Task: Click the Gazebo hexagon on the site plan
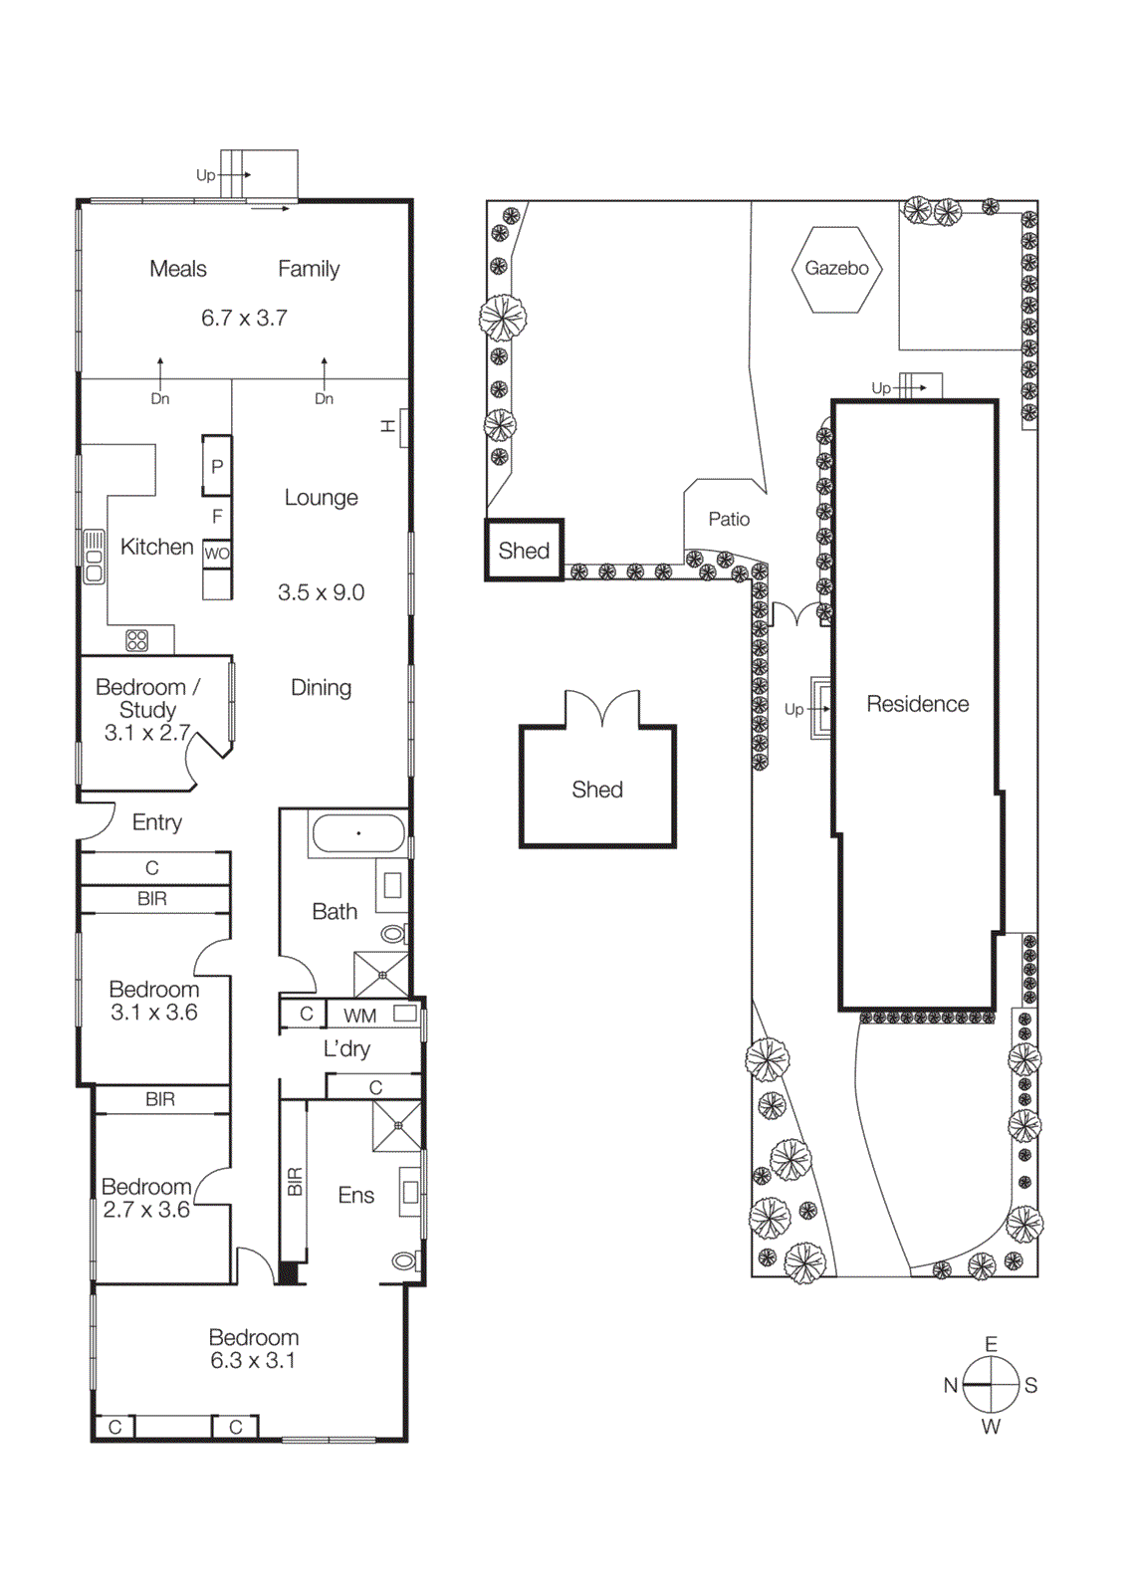pyautogui.click(x=836, y=269)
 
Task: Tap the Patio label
pyautogui.click(x=729, y=519)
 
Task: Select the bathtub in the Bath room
pyautogui.click(x=358, y=833)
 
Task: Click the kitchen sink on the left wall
pyautogui.click(x=94, y=556)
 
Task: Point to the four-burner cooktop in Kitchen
pyautogui.click(x=137, y=640)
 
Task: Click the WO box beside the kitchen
pyautogui.click(x=216, y=554)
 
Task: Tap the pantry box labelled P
pyautogui.click(x=217, y=466)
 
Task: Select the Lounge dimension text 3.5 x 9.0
pyautogui.click(x=321, y=592)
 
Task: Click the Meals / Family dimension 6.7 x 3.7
pyautogui.click(x=244, y=318)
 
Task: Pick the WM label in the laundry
pyautogui.click(x=359, y=1016)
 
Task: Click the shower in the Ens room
pyautogui.click(x=397, y=1126)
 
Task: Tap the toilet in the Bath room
pyautogui.click(x=394, y=934)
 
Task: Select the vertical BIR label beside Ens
pyautogui.click(x=295, y=1182)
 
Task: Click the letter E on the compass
pyautogui.click(x=991, y=1344)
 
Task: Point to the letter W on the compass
pyautogui.click(x=991, y=1427)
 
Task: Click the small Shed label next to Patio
pyautogui.click(x=524, y=551)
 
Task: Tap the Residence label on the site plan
pyautogui.click(x=917, y=704)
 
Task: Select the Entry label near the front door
pyautogui.click(x=157, y=822)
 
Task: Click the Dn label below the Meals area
pyautogui.click(x=160, y=398)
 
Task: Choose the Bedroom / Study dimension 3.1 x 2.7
pyautogui.click(x=147, y=733)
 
